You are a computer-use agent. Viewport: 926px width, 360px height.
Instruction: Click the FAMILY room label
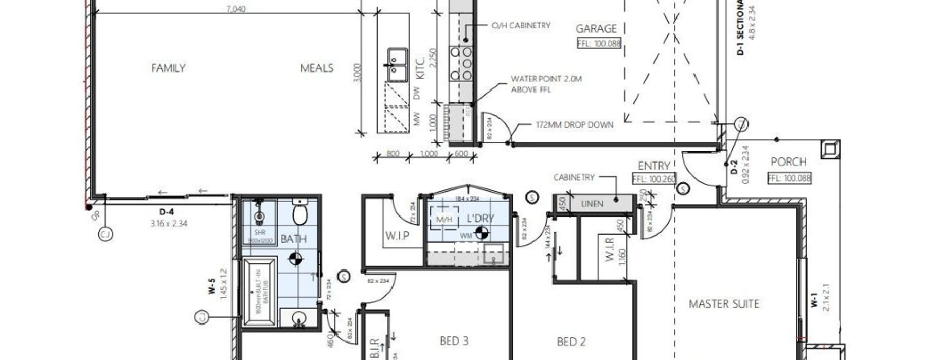point(168,68)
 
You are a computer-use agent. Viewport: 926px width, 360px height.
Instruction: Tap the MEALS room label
point(317,68)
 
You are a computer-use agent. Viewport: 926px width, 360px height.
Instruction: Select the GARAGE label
point(596,29)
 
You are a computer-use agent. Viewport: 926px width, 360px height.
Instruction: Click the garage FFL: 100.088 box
point(599,44)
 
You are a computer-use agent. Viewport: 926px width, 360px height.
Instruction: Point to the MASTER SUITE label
point(724,304)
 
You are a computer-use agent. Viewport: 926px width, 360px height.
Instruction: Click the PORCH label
point(789,162)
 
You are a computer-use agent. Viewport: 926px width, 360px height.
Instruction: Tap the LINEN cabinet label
point(592,204)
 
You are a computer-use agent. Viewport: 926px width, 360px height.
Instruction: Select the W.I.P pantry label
point(398,236)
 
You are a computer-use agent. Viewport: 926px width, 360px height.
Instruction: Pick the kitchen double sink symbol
point(397,65)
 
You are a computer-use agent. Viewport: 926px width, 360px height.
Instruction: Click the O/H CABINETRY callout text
point(521,25)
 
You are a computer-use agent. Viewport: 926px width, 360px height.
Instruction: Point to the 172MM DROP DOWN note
point(575,125)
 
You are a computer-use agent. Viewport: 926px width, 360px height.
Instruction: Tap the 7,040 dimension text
point(236,9)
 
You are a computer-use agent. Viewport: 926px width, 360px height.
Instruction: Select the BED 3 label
point(454,340)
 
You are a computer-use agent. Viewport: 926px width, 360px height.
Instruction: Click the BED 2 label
point(572,341)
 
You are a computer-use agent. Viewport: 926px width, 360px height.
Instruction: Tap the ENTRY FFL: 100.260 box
point(654,178)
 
